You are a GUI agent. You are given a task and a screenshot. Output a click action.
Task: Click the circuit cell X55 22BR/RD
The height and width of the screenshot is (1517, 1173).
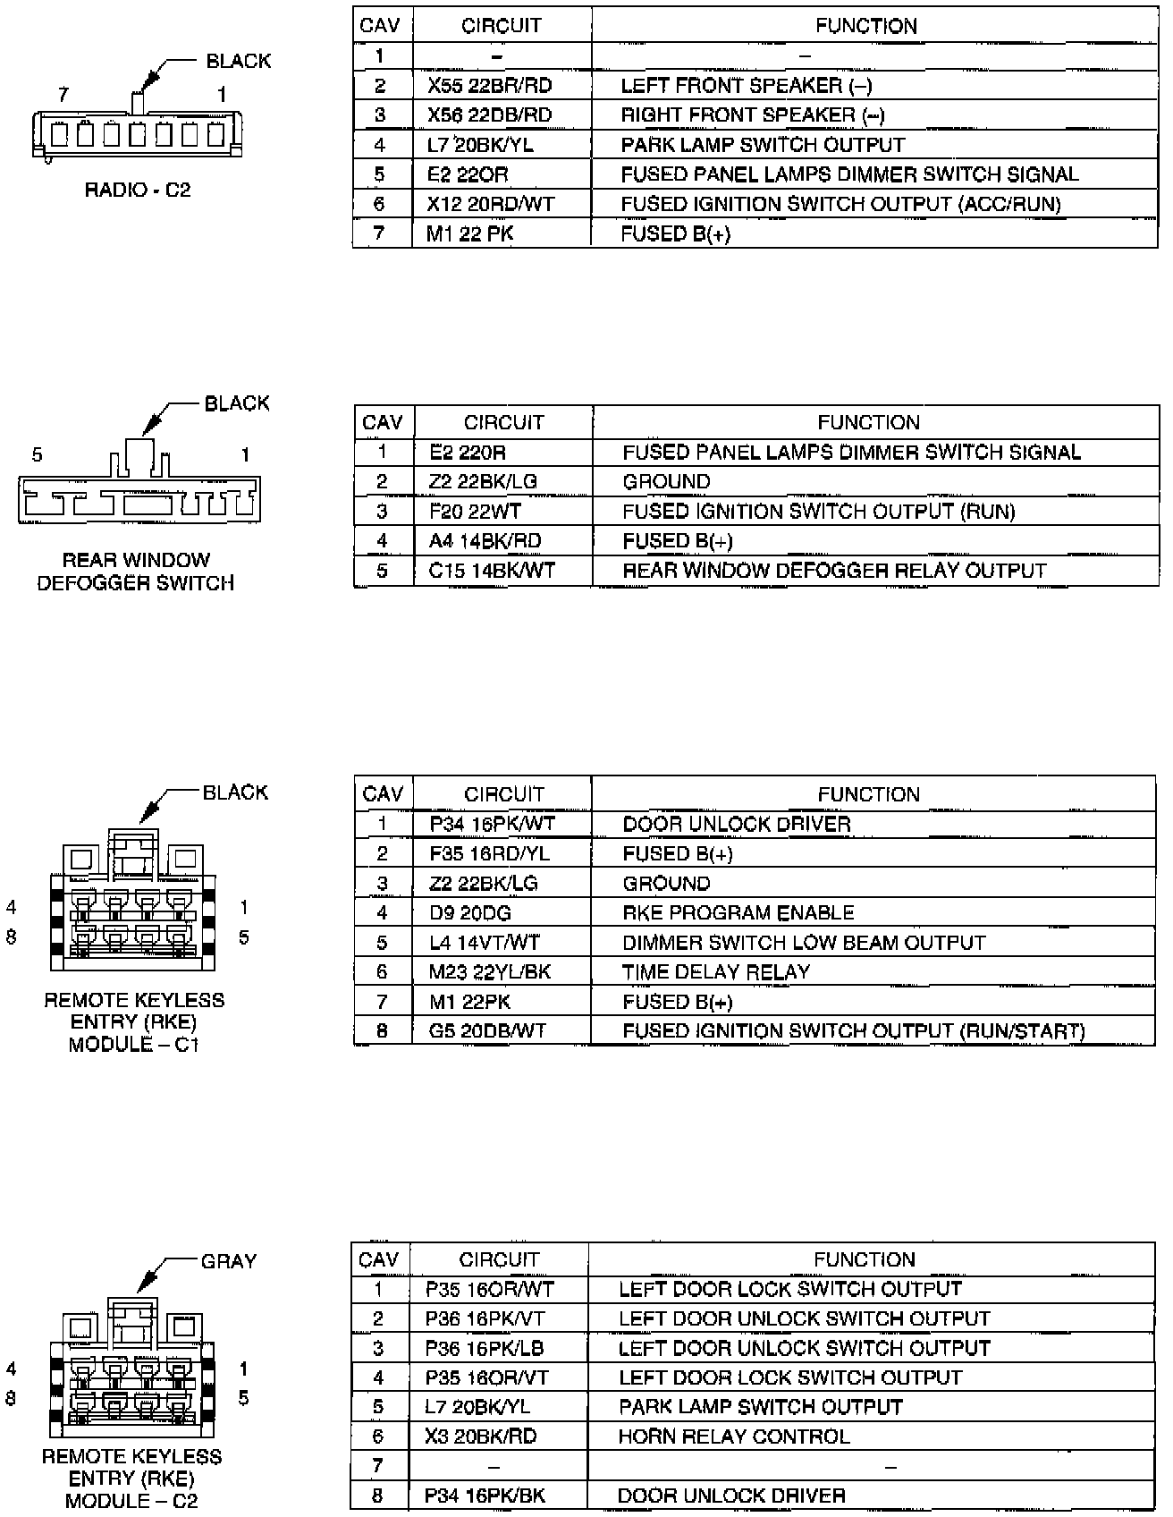489,86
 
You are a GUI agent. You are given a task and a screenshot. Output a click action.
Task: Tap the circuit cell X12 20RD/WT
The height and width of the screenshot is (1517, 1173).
491,204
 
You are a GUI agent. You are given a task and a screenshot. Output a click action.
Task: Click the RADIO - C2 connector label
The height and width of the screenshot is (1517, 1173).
138,190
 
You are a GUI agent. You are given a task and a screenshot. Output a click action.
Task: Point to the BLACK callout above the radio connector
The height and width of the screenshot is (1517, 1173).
238,61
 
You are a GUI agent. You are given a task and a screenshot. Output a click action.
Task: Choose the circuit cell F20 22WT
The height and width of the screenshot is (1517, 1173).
475,512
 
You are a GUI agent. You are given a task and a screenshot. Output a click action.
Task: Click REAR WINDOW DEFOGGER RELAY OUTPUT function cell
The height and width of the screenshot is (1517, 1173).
834,571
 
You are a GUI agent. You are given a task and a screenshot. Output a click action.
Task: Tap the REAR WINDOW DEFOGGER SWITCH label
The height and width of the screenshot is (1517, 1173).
136,572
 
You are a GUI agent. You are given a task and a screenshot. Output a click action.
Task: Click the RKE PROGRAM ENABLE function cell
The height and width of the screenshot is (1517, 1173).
738,913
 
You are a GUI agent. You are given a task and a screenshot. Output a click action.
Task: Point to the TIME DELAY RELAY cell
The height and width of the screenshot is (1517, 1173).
716,972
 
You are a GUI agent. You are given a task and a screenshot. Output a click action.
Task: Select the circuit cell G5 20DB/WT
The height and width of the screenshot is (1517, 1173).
487,1031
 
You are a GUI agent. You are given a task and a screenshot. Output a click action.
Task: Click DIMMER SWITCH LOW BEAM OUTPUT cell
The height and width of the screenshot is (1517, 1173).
804,943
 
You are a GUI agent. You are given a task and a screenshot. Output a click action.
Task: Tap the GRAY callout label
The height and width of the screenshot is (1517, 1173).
229,1261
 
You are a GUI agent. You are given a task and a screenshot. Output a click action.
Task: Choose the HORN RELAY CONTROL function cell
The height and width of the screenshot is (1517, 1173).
734,1436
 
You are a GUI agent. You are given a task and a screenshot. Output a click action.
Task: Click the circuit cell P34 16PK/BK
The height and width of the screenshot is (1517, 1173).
485,1496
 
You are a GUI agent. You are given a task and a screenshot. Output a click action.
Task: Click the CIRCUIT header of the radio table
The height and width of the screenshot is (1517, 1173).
502,26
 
